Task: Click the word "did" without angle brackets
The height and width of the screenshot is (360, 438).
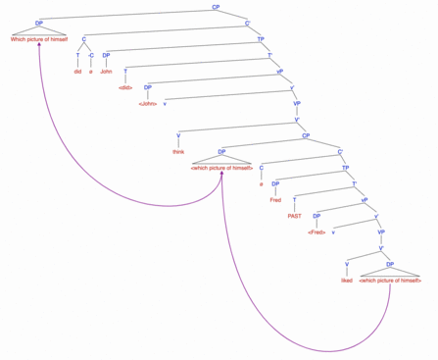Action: coord(78,71)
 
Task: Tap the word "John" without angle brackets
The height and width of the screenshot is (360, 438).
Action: coord(106,71)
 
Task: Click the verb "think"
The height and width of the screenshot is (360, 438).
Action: coord(178,151)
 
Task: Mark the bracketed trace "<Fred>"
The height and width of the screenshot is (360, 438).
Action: coord(316,231)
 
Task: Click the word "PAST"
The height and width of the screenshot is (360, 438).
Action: coord(294,215)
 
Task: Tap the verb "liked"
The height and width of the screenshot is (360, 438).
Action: coord(346,281)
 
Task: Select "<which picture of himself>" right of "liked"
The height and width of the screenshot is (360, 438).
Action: coord(390,281)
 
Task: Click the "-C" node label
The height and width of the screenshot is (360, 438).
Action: coord(91,54)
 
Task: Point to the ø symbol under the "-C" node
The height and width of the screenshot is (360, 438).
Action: coord(91,71)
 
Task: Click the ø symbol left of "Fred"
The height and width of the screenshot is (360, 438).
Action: coord(261,183)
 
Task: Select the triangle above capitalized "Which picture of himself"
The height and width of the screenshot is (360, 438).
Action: coord(38,29)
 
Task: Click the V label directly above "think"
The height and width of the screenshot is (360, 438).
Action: coord(178,134)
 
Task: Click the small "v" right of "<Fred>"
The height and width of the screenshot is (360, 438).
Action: coord(334,231)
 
